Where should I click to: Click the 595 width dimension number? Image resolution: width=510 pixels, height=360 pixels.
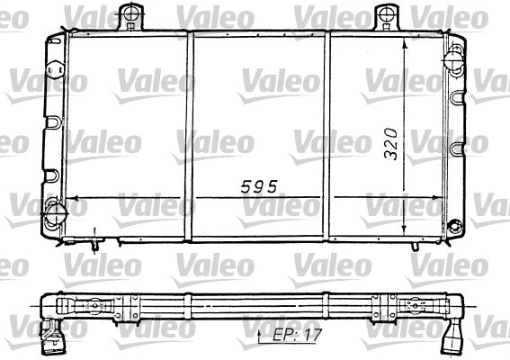(257, 187)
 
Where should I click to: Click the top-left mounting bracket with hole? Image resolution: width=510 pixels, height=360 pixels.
(131, 15)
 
